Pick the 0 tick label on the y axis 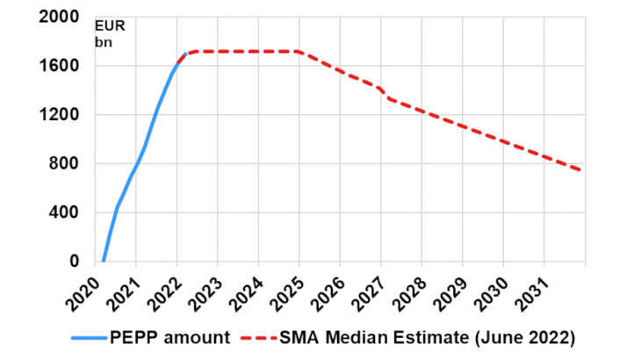75,262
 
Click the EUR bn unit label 110,33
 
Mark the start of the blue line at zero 103,261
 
